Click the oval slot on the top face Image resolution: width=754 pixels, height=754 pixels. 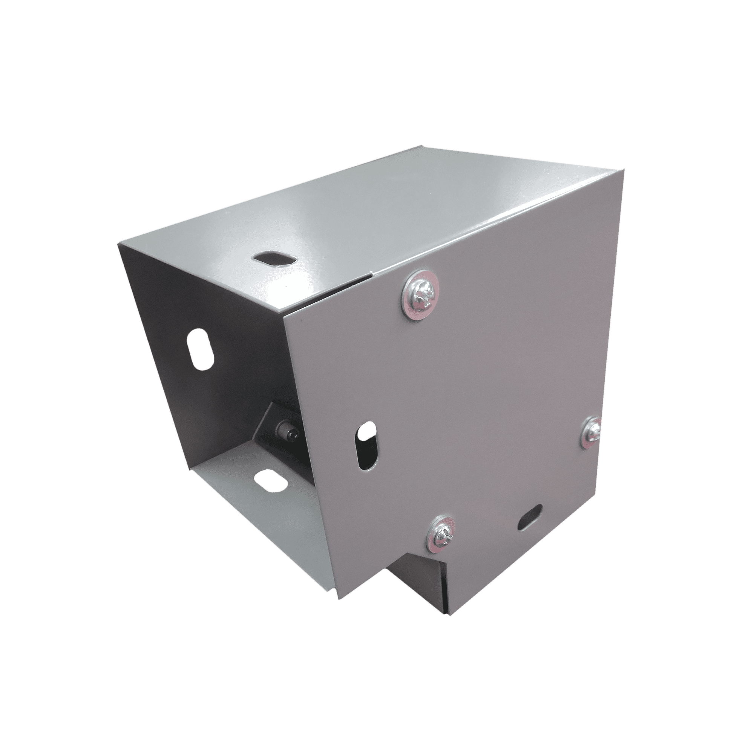tap(274, 259)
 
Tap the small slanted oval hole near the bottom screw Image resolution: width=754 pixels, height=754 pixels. tap(530, 517)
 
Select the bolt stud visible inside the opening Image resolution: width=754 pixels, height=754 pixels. tap(289, 434)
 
